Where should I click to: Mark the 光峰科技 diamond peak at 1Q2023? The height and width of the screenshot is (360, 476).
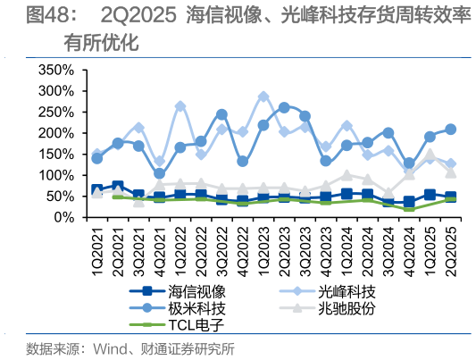pos(263,96)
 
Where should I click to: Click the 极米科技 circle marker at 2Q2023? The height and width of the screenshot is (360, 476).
pos(284,107)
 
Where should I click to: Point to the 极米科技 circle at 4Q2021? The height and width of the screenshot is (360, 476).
pos(160,174)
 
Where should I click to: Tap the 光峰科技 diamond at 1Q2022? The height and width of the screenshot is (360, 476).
pos(180,106)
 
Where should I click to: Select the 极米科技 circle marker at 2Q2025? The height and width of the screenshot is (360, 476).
pos(451,130)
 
